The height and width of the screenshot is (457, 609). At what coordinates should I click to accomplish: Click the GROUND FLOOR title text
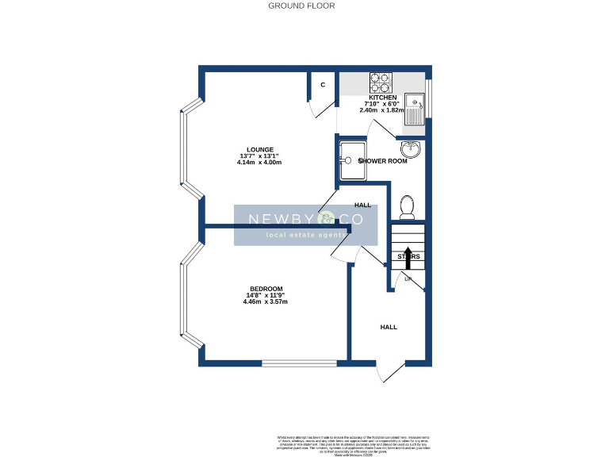tap(301, 6)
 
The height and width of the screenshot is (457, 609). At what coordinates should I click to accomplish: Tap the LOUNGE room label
tap(259, 149)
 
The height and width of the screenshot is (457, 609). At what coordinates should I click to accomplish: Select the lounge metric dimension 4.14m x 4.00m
tap(259, 162)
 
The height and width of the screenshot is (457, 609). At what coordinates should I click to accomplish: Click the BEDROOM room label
tap(266, 289)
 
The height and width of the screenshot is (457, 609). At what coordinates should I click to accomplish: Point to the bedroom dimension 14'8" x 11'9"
tap(266, 296)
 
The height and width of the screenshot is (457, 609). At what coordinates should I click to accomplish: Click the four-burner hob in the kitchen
tap(381, 83)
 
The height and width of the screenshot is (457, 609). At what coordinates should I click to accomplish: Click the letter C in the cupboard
tap(323, 85)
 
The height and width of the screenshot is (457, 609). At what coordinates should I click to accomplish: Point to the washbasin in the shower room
tap(411, 148)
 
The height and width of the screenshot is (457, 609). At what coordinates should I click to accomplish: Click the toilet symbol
tap(408, 206)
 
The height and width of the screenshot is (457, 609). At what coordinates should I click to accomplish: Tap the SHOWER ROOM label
tap(384, 161)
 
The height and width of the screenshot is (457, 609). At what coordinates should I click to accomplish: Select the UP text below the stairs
tap(408, 279)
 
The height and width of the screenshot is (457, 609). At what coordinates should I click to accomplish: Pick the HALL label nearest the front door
tap(389, 327)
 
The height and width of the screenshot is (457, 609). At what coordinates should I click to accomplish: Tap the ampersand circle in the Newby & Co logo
tap(327, 219)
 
